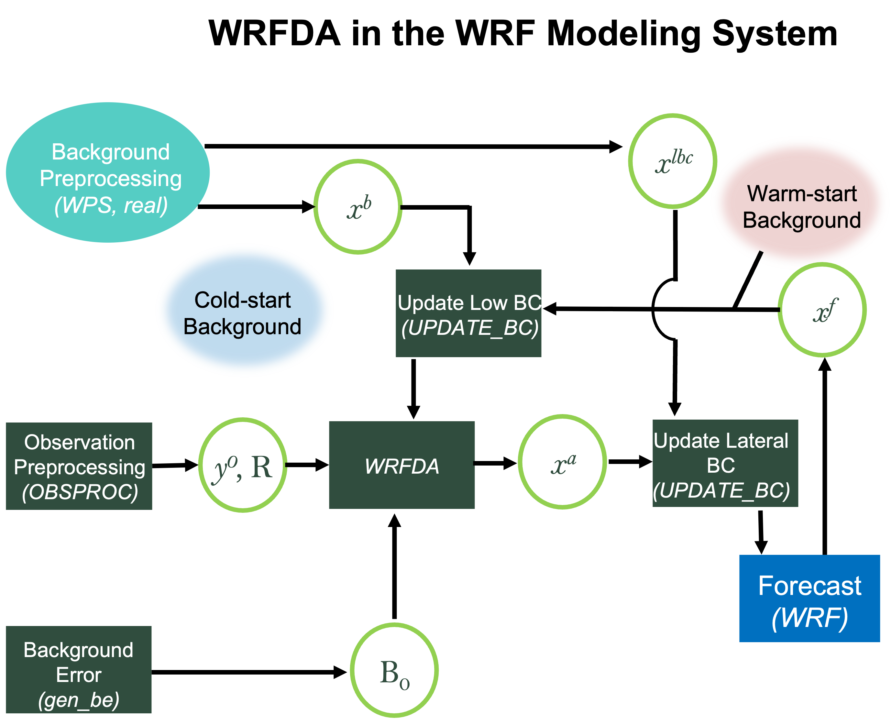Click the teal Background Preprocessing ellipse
coord(108,172)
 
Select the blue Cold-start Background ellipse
coord(244,310)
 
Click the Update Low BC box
coord(468,313)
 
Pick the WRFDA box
coord(401,465)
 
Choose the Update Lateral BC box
coord(725,464)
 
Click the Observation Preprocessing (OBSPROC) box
coord(79,466)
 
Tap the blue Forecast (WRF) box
coord(809,599)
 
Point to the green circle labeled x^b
coord(358,207)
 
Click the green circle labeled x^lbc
coord(673,161)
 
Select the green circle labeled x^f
coord(822,310)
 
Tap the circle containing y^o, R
coord(243,465)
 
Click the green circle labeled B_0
coord(394,670)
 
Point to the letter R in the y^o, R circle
coord(262,467)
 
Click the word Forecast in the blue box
coord(809,586)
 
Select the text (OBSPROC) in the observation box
coord(80,492)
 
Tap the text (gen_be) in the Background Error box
coord(79,700)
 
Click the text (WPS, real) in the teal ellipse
coord(111,205)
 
